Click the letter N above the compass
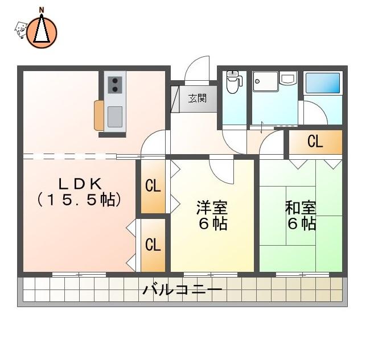click(x=42, y=10)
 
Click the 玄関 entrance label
click(x=198, y=98)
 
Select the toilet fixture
click(x=233, y=82)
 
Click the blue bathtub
click(x=322, y=82)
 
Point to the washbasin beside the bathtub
click(x=288, y=78)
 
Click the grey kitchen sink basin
click(x=115, y=117)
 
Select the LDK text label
click(x=80, y=184)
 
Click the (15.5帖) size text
click(x=79, y=200)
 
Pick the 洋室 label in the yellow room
click(x=212, y=207)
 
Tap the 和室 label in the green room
click(x=301, y=208)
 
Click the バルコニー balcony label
click(x=183, y=289)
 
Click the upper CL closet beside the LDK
click(x=153, y=186)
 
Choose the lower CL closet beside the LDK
click(x=153, y=245)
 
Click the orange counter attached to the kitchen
click(x=99, y=115)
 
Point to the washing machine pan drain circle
click(x=257, y=81)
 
